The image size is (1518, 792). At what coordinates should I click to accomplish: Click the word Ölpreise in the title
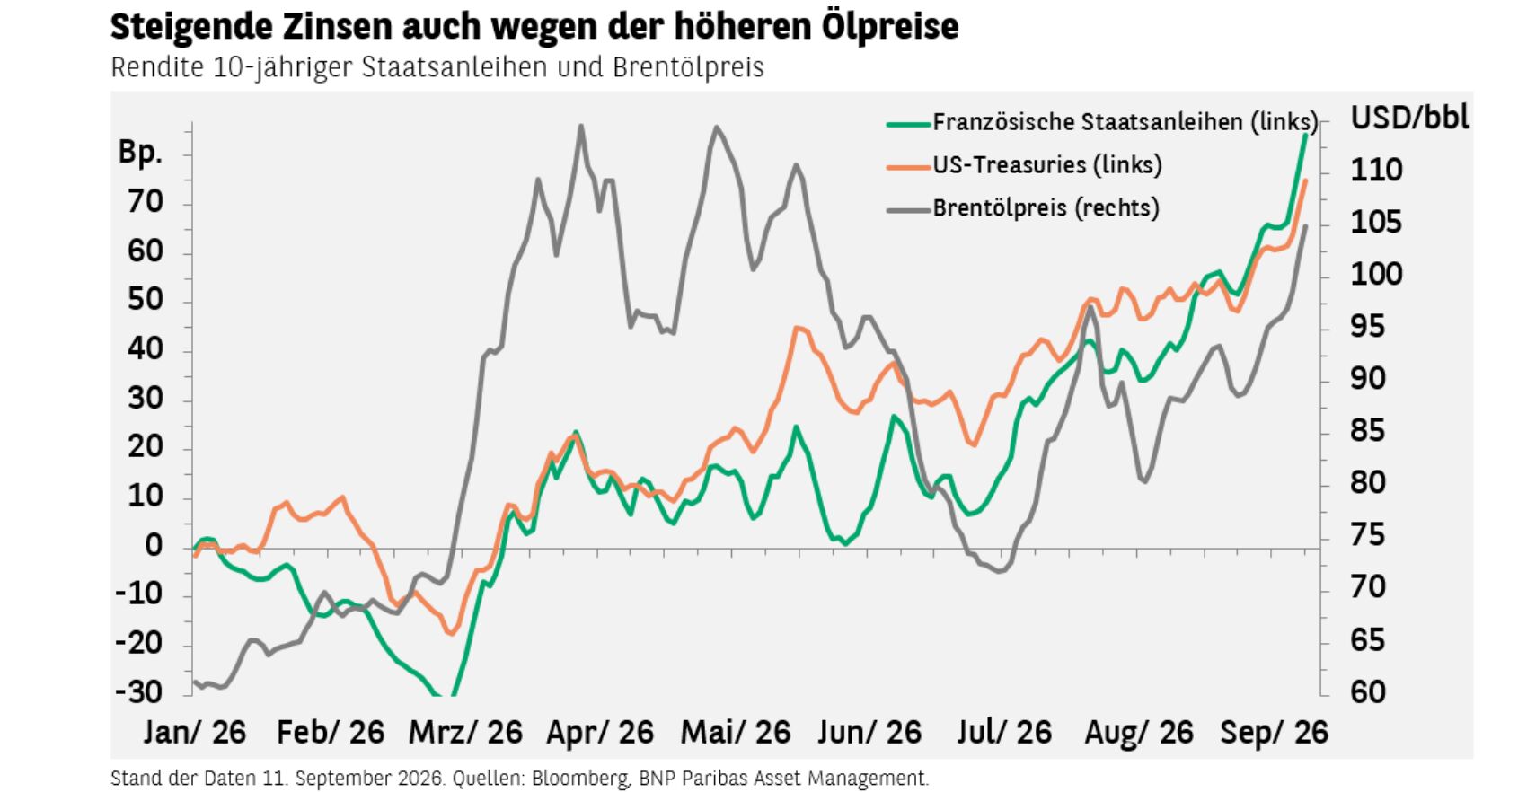890,27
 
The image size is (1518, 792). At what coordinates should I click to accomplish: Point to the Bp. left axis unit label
140,153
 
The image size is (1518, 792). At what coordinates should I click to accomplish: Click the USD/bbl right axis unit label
1409,118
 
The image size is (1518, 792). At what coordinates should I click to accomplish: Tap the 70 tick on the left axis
146,202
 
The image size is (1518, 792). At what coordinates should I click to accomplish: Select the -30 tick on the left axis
139,691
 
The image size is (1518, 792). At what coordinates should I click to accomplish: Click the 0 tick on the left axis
154,545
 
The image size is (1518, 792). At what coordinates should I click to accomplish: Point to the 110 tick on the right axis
1376,170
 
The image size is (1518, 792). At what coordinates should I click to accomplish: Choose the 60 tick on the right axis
1368,691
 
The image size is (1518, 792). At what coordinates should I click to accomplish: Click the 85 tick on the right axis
1368,430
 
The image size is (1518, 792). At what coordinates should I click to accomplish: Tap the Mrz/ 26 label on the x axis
465,733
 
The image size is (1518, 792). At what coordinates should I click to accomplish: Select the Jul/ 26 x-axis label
1003,733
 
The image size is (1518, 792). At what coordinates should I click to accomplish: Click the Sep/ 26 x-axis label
1274,733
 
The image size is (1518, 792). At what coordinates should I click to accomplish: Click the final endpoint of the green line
1305,136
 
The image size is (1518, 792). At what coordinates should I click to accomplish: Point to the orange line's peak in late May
798,328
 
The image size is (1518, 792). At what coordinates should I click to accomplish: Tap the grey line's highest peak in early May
716,127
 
